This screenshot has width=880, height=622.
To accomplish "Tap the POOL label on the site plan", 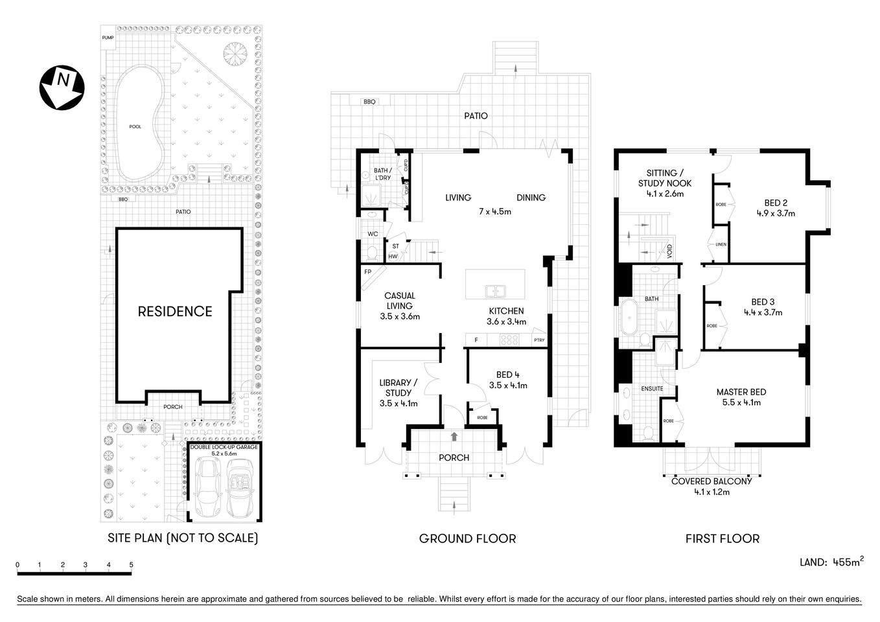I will coord(135,126).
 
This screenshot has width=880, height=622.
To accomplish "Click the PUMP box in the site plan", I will coord(108,38).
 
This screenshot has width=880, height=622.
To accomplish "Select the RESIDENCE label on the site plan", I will coord(175,312).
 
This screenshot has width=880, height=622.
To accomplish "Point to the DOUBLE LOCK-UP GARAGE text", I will coord(224,447).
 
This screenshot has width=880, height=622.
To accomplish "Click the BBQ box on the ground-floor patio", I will coord(369,102).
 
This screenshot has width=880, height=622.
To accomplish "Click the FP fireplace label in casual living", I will coord(367,272).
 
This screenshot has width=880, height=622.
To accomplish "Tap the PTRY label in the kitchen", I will coord(538,340).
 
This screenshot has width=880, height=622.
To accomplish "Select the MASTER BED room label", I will coord(741,392).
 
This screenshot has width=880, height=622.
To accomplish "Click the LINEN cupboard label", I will coord(721,244).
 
